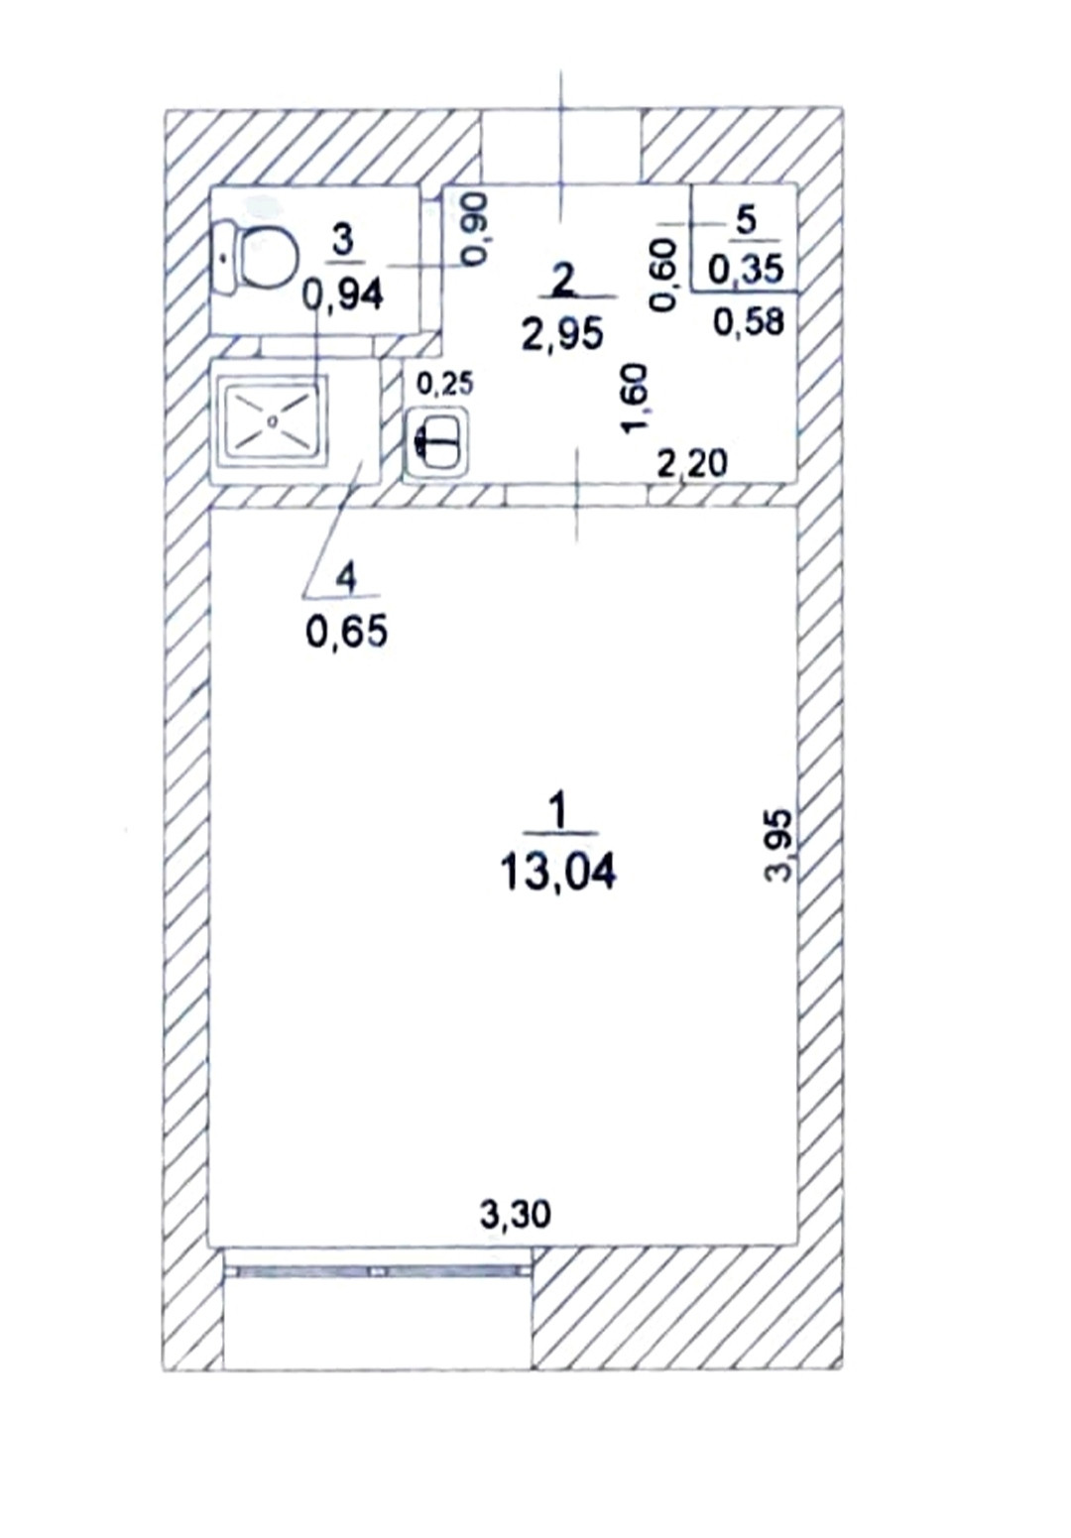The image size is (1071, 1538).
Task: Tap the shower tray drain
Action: click(x=274, y=419)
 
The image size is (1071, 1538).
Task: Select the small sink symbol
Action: click(x=437, y=442)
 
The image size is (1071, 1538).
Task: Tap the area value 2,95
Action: click(x=563, y=334)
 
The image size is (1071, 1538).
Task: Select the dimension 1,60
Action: click(x=634, y=399)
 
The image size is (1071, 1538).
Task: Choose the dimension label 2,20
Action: click(x=691, y=464)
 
